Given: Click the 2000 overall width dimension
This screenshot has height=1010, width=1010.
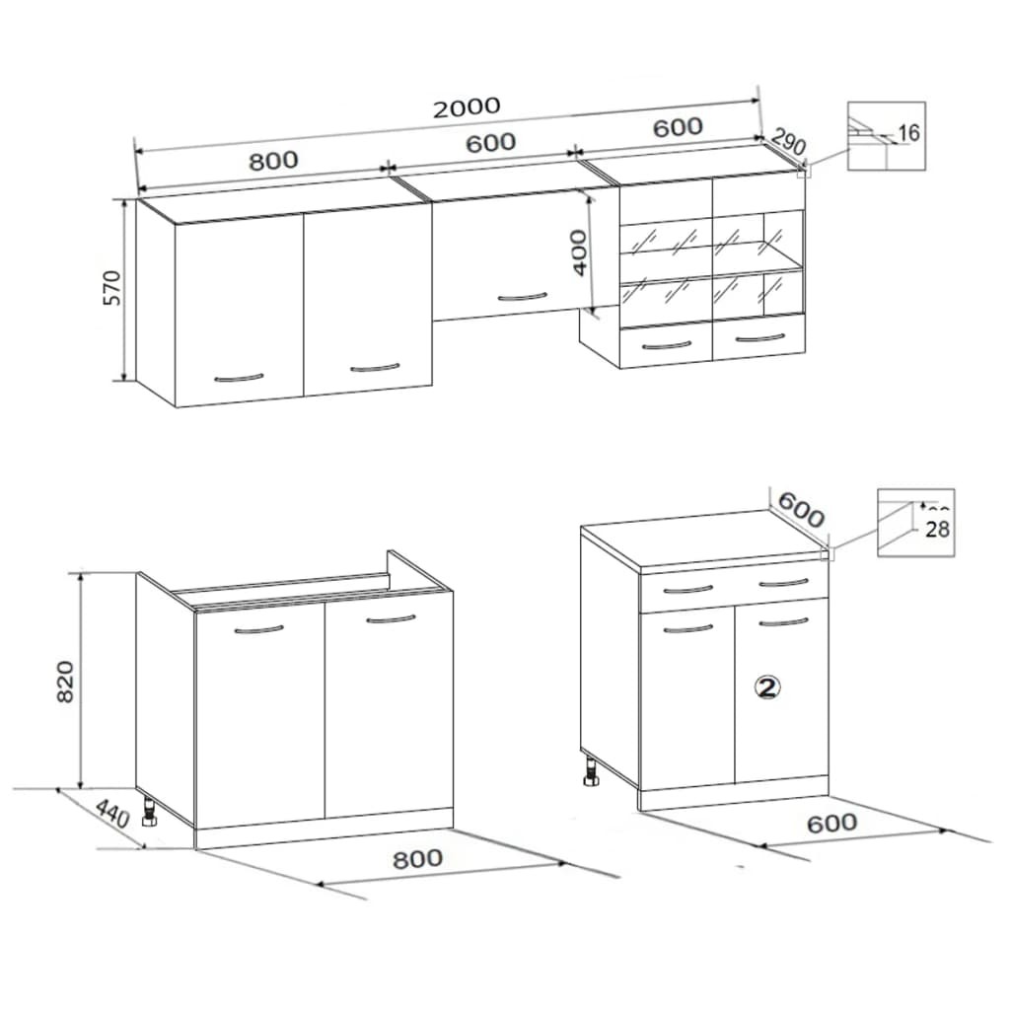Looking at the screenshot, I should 467,107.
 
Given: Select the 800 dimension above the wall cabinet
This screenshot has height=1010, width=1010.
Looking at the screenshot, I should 273,160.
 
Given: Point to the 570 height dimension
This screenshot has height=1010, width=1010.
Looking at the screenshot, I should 112,287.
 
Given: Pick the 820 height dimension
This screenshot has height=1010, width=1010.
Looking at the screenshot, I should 65,681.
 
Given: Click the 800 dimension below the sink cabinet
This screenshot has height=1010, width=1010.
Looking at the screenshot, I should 417,858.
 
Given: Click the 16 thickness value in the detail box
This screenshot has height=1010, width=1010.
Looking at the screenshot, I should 908,133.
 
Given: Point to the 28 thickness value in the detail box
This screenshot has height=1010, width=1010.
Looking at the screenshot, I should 938,529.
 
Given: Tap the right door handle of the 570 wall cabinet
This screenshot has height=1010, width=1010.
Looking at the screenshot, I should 375,368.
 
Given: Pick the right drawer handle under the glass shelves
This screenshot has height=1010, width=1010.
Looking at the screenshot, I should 760,338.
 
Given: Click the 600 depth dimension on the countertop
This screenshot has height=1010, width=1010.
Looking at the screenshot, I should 800,509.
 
